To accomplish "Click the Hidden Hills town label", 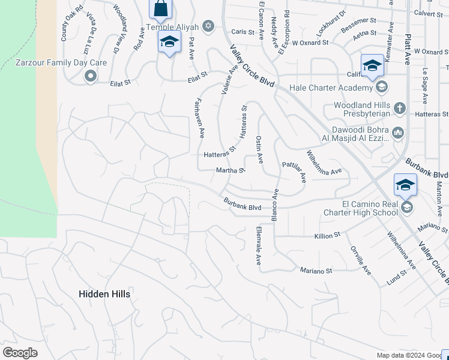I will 104,293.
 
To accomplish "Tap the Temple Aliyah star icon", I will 208,26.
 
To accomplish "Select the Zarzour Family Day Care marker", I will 91,76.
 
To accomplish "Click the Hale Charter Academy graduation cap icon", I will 381,88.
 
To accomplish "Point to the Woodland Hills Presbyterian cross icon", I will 400,109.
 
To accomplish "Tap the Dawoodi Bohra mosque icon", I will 397,133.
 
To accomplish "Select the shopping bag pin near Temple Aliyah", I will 160,8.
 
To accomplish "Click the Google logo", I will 20,353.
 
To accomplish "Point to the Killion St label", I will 327,236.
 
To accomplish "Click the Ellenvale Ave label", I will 258,246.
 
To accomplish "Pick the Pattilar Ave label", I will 295,171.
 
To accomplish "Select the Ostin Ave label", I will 259,149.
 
